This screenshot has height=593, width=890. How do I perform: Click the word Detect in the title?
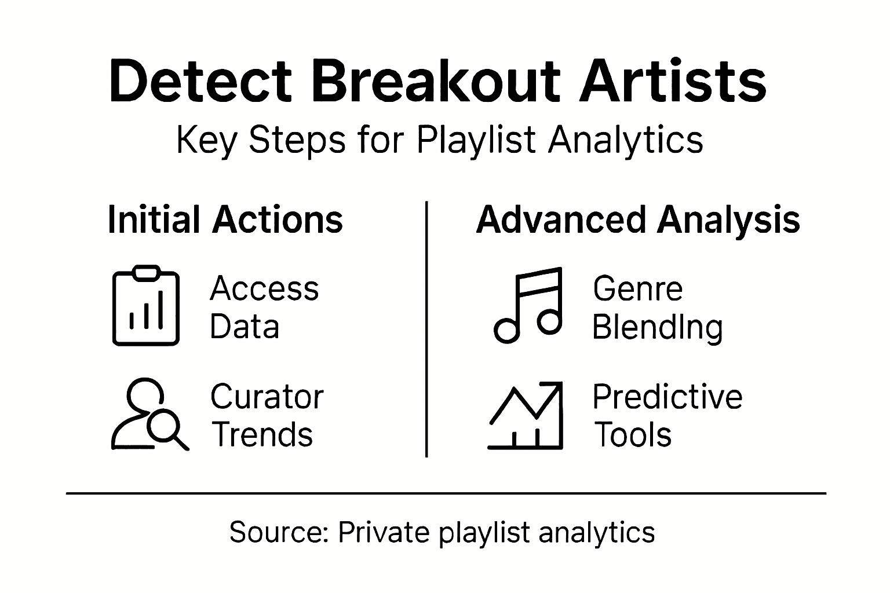click(200, 82)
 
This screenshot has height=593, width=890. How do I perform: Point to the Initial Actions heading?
click(225, 221)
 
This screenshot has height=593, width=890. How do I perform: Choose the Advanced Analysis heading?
click(637, 221)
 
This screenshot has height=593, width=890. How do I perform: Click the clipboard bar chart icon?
click(145, 306)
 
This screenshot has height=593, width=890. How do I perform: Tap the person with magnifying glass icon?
click(149, 415)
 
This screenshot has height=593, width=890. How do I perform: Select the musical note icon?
click(528, 305)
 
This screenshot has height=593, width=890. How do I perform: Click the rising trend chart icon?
click(526, 416)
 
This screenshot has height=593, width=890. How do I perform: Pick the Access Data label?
click(264, 308)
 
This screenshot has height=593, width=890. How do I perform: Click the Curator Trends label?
click(266, 415)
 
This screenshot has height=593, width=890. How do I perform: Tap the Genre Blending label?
click(657, 308)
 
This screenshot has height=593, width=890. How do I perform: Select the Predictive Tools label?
click(667, 415)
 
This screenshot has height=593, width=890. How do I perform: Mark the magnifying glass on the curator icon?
click(163, 429)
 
